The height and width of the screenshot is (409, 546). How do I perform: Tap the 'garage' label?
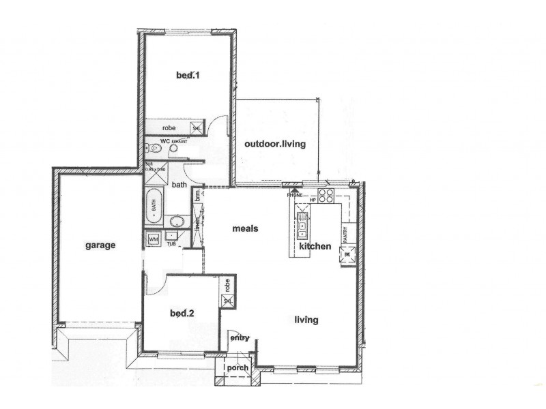(x=100, y=245)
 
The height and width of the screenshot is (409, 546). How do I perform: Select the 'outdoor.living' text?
(x=275, y=144)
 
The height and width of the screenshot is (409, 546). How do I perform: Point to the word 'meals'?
(x=245, y=228)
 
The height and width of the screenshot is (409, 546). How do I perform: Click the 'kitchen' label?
(x=315, y=246)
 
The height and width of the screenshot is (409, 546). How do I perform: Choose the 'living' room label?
(x=306, y=319)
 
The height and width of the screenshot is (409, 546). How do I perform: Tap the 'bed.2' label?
(x=182, y=314)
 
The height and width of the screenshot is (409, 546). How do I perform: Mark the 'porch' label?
(x=237, y=368)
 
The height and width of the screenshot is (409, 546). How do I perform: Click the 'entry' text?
(x=240, y=338)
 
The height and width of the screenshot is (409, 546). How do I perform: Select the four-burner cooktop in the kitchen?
(x=326, y=196)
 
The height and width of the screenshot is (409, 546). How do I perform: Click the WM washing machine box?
(x=153, y=239)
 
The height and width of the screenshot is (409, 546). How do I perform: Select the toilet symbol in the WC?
(x=154, y=147)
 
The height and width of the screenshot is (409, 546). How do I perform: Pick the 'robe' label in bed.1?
(x=169, y=128)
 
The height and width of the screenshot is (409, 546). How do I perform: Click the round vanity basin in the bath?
(x=177, y=220)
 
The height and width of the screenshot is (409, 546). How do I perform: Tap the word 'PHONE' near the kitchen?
(x=294, y=195)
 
